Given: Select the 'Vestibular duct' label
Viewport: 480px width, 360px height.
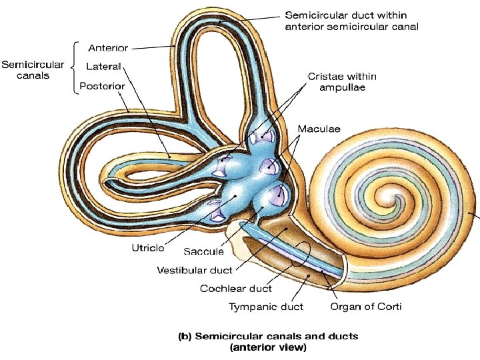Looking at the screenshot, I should pos(195,271).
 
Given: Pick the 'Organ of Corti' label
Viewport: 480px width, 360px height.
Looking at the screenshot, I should pos(366,307).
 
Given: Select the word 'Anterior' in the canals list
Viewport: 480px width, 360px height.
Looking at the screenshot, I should pos(109,48).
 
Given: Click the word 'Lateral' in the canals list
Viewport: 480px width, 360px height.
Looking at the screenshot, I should pos(103,66).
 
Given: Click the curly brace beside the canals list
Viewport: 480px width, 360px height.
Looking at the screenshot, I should pos(76,67).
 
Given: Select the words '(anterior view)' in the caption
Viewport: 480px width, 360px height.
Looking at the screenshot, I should pos(267,347).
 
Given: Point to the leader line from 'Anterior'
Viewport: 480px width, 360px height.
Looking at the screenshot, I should pos(153,47).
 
